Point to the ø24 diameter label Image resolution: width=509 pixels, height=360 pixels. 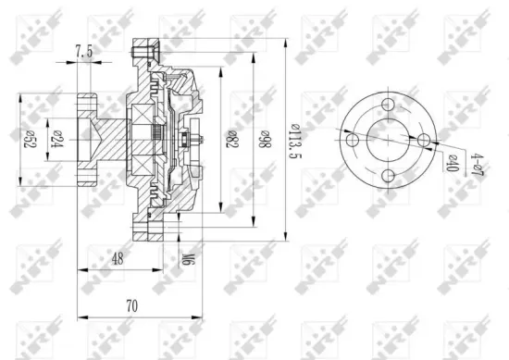(57, 136)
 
